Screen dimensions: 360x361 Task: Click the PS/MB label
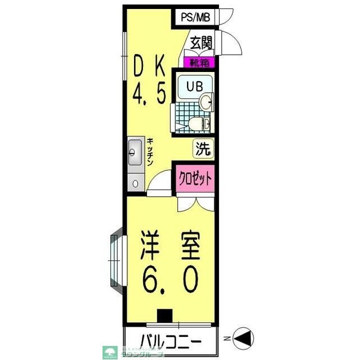195,17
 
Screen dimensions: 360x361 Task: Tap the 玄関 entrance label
200,43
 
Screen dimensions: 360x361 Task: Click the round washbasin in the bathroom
207,102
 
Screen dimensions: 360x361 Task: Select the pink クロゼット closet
195,179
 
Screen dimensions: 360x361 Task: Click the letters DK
149,69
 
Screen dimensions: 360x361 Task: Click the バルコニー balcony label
170,341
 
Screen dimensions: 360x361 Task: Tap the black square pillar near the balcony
164,317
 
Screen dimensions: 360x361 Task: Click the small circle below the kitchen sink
135,182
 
